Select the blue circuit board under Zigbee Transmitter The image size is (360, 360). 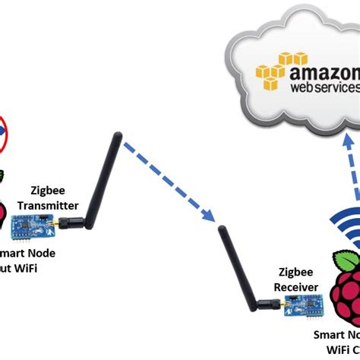tap(41, 221)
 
